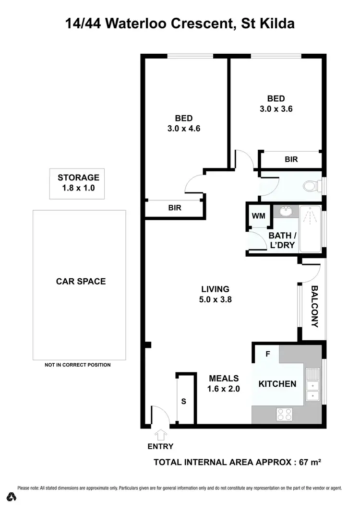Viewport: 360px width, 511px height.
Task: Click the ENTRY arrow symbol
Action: pos(161,434)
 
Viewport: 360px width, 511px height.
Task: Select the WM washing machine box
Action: pos(259,216)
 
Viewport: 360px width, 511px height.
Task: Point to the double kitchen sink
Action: pos(312,384)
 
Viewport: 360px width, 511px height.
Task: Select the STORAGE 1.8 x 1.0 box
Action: pos(78,183)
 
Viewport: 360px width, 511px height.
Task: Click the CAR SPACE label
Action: pos(81,281)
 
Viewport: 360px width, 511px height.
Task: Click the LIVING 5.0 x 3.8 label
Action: pos(215,294)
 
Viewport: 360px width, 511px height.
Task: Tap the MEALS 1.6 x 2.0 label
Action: pos(223,383)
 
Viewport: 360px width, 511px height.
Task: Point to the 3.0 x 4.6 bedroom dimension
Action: pos(184,128)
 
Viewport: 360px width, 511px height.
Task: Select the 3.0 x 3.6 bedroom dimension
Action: pos(276,109)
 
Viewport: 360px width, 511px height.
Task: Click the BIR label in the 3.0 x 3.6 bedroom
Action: pos(291,159)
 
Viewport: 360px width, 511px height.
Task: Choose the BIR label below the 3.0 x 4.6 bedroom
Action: pos(174,208)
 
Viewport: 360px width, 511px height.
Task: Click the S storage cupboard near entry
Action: pos(183,400)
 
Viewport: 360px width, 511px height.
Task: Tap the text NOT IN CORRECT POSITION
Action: pos(78,365)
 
